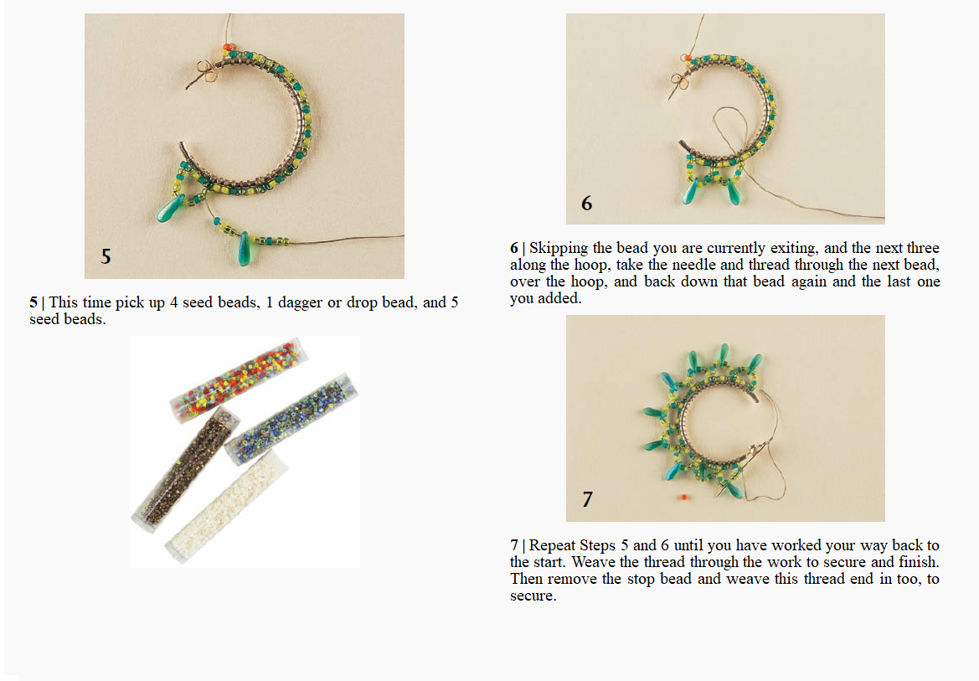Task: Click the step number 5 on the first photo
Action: click(106, 256)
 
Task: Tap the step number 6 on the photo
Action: click(587, 203)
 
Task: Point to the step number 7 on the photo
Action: click(587, 498)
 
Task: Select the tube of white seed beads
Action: click(228, 507)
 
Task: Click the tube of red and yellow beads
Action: click(235, 380)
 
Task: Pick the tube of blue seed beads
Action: click(291, 418)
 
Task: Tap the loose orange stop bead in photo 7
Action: click(684, 498)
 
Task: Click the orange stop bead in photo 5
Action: click(229, 47)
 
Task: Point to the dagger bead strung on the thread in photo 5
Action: click(245, 248)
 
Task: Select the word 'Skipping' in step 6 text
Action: click(559, 249)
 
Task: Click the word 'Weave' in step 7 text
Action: click(590, 562)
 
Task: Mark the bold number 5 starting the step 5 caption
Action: click(33, 303)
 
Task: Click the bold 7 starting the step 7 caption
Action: click(514, 545)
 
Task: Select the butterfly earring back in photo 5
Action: click(205, 71)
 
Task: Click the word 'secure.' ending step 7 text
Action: click(533, 596)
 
